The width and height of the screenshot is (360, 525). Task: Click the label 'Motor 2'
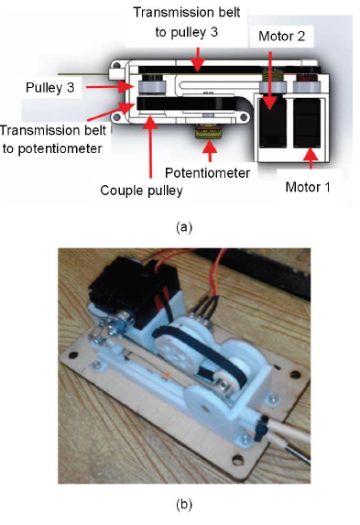(x=281, y=36)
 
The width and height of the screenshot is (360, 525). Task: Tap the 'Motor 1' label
(x=308, y=187)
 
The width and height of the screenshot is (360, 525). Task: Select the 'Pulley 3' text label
(x=49, y=88)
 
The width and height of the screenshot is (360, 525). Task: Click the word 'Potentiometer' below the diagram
(x=207, y=173)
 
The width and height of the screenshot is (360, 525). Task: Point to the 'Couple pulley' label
(x=141, y=191)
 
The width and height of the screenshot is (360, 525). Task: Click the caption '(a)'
(x=184, y=227)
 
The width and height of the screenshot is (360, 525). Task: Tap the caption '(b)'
(x=184, y=504)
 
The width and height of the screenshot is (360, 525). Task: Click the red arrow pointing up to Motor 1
(x=311, y=158)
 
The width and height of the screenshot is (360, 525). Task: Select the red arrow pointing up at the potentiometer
(x=210, y=151)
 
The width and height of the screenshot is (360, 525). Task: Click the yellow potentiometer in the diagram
(x=208, y=131)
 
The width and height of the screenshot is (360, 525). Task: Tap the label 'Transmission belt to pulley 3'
(x=187, y=22)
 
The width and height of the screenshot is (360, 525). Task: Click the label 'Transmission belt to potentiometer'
(x=53, y=139)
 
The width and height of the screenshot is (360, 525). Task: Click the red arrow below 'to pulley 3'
(x=198, y=60)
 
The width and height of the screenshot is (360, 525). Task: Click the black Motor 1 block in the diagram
(x=307, y=123)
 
